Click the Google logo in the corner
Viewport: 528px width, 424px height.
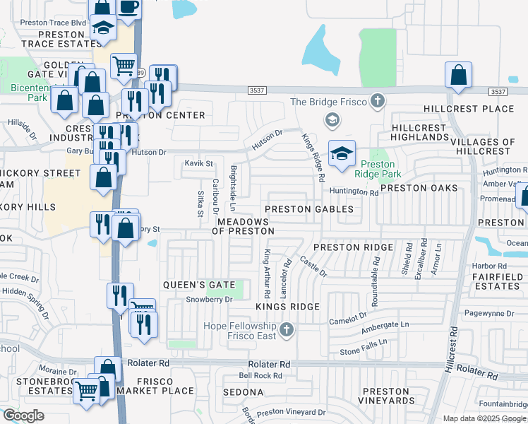pyautogui.click(x=23, y=416)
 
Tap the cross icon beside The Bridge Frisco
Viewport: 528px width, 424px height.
pyautogui.click(x=377, y=101)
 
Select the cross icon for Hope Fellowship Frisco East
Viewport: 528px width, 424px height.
pyautogui.click(x=286, y=329)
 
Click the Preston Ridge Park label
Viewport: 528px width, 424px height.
pyautogui.click(x=377, y=169)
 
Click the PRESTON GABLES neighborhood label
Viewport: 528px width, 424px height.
pyautogui.click(x=308, y=209)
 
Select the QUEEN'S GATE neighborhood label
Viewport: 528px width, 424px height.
pyautogui.click(x=198, y=284)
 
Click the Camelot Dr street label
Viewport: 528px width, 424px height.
pyautogui.click(x=348, y=319)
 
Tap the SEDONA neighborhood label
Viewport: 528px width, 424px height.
pyautogui.click(x=244, y=391)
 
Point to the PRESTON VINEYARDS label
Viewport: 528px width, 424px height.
pyautogui.click(x=386, y=396)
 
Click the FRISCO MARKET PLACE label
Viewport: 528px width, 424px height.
pyautogui.click(x=155, y=391)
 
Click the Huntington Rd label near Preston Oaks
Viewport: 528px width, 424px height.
pyautogui.click(x=354, y=192)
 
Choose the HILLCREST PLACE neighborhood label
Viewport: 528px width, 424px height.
pyautogui.click(x=469, y=109)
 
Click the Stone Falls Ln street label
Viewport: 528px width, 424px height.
pyautogui.click(x=364, y=346)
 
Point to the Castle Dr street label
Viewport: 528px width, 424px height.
pyautogui.click(x=313, y=267)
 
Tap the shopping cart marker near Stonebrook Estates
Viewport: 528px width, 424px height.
pyautogui.click(x=88, y=389)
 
